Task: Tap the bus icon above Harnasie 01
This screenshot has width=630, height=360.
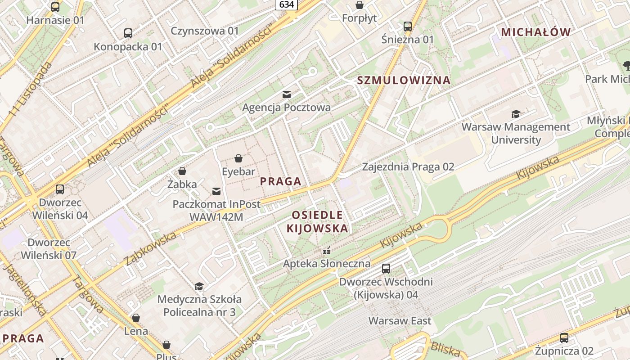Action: click(x=55, y=7)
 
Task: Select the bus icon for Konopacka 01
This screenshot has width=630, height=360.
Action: click(x=128, y=33)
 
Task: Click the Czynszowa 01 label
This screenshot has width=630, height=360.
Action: click(x=205, y=31)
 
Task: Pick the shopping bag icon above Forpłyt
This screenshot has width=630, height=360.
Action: click(x=360, y=5)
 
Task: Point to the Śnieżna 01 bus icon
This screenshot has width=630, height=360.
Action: click(x=408, y=26)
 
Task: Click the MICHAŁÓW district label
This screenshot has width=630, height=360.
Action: click(x=536, y=32)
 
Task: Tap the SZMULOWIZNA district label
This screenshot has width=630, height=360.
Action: click(x=404, y=81)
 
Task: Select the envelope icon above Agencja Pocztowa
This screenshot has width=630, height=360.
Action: click(x=287, y=94)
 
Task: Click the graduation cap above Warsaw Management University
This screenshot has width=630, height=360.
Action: click(x=516, y=114)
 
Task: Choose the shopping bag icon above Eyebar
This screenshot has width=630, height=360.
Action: click(x=238, y=158)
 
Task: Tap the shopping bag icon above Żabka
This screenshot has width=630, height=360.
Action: click(x=182, y=171)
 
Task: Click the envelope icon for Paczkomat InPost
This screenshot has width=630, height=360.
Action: click(x=216, y=191)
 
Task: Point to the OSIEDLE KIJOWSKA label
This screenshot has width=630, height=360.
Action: click(x=317, y=221)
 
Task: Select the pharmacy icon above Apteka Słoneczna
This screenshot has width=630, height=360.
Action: click(x=327, y=251)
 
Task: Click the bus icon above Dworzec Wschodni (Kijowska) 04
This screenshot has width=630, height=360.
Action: click(x=386, y=269)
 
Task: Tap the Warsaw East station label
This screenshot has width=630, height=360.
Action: click(x=400, y=321)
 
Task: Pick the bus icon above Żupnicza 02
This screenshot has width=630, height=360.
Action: click(x=564, y=337)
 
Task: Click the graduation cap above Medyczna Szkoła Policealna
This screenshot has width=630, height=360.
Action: click(x=199, y=286)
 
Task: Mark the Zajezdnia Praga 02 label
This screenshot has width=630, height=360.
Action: click(x=408, y=167)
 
